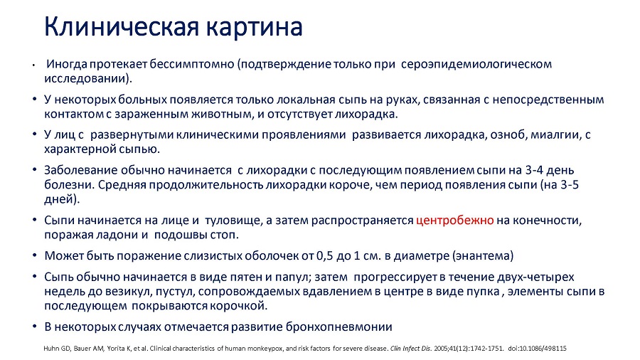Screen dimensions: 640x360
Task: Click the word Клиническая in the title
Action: click(x=122, y=27)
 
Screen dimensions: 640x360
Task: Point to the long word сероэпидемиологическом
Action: click(x=476, y=65)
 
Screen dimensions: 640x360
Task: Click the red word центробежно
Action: click(x=454, y=221)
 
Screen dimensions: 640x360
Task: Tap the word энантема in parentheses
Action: click(x=482, y=256)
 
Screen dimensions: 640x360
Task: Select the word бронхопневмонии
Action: click(x=338, y=327)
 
